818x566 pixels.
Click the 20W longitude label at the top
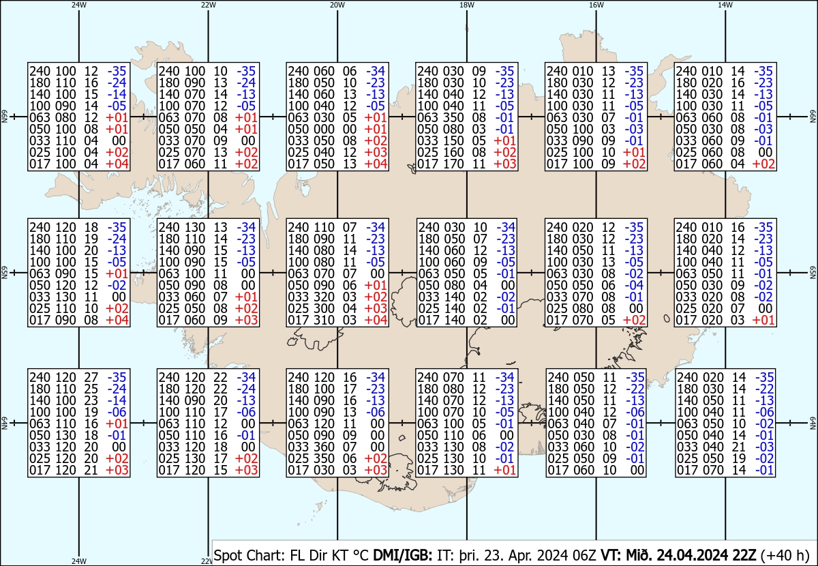coord(336,5)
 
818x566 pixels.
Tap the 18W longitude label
coord(466,5)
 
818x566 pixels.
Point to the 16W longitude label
coord(596,5)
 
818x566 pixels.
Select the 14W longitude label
coord(725,5)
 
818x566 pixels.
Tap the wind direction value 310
coord(324,321)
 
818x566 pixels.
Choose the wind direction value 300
coord(324,308)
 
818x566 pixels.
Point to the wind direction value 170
coord(453,164)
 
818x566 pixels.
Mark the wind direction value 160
coord(453,152)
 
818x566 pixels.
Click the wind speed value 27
coord(91,377)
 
